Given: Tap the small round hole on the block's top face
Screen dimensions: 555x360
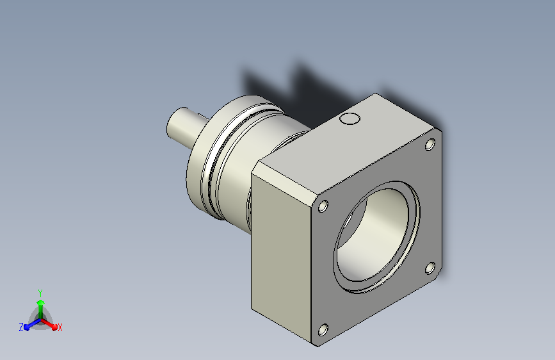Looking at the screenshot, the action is (x=350, y=119).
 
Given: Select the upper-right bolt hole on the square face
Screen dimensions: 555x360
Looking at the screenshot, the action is (x=430, y=145).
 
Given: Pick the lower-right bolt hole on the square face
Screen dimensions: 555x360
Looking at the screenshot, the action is (x=430, y=268).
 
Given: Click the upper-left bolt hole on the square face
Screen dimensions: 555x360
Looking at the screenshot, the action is (x=323, y=206).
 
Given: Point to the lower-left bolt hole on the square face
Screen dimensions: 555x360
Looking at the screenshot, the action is (x=323, y=330).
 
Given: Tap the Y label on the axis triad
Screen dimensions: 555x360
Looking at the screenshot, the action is (x=40, y=293).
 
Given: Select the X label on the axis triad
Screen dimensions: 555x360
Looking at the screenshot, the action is (x=60, y=327).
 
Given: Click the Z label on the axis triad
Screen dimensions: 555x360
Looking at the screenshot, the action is (x=21, y=327).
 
